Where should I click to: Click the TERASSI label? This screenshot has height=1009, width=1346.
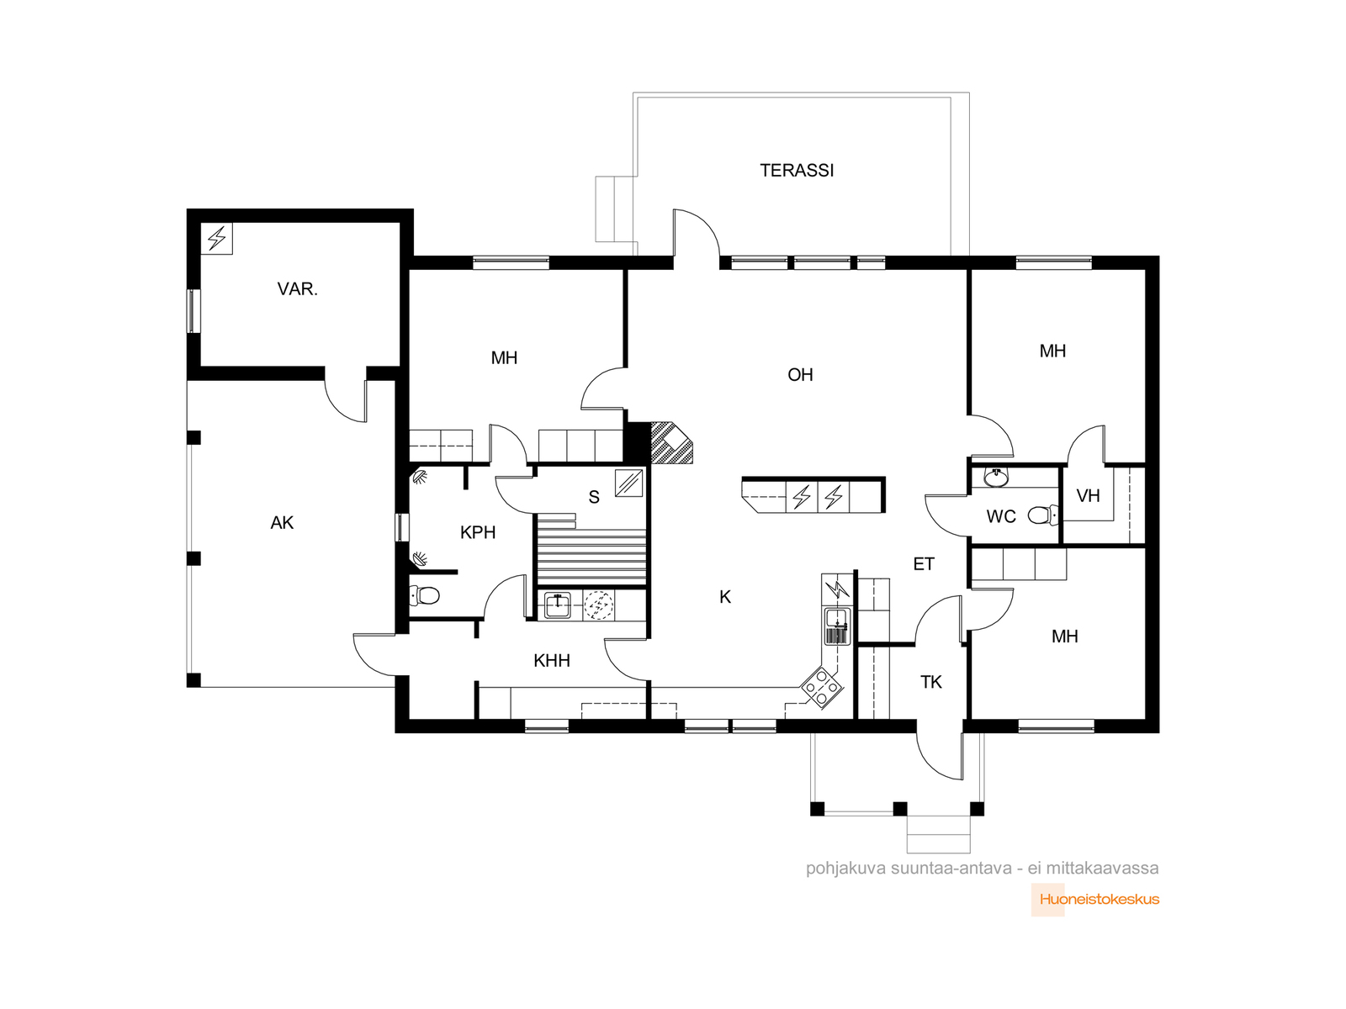tap(796, 171)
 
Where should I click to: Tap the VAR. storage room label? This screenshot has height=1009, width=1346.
tap(298, 288)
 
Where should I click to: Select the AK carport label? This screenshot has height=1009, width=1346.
tap(282, 522)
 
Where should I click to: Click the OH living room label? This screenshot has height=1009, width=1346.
tap(800, 374)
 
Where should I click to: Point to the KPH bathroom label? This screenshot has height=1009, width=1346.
tap(478, 532)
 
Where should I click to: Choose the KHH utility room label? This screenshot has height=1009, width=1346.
tap(552, 660)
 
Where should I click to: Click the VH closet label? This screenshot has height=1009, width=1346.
tap(1088, 495)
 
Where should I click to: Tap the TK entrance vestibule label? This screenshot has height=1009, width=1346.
tap(931, 682)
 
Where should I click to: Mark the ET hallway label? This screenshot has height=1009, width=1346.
tap(924, 563)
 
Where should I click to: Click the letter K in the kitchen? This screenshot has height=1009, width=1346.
tap(725, 597)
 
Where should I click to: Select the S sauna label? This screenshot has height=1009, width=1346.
tap(594, 497)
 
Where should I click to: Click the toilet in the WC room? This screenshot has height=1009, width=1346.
tap(1043, 515)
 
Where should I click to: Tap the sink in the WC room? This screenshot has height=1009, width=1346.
tap(997, 478)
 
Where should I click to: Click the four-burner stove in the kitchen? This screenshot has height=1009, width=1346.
tap(822, 687)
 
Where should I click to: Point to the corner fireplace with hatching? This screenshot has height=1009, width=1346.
tap(671, 442)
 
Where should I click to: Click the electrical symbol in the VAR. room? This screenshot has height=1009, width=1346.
tap(216, 238)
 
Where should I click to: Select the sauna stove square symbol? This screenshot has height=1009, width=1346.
tap(628, 483)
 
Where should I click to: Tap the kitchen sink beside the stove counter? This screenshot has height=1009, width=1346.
tap(837, 626)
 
